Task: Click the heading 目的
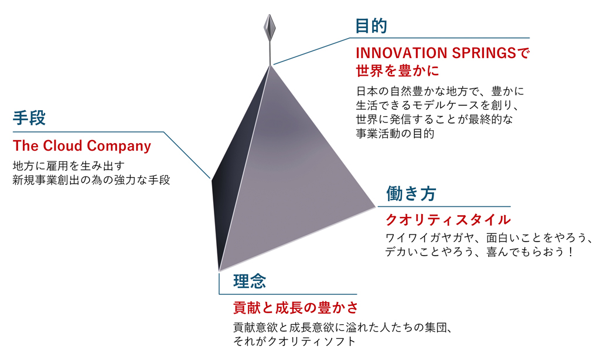371,26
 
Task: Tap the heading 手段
29,118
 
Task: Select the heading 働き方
411,193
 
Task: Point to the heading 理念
250,281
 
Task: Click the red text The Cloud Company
82,146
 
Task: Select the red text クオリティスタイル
448,220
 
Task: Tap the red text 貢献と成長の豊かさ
296,308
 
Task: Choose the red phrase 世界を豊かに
397,71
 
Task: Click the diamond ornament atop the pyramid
270,27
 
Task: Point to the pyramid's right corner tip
376,207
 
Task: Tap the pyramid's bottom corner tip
219,271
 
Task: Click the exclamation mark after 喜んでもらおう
571,252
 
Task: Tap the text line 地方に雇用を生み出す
69,166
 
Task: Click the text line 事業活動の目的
395,134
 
